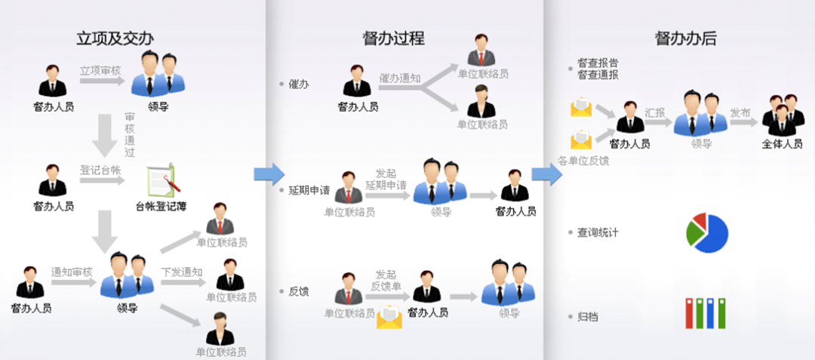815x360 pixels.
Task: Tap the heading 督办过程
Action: (x=393, y=38)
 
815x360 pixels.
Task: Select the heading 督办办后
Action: (x=686, y=38)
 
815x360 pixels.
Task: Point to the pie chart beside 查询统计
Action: (x=707, y=232)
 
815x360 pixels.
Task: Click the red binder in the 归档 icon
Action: (x=689, y=313)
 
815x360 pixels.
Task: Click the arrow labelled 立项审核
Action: (x=103, y=81)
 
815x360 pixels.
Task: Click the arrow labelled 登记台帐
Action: (x=103, y=181)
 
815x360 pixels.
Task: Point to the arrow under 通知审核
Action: (x=74, y=282)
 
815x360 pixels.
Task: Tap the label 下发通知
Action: (x=181, y=272)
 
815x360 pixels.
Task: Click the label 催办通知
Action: (x=400, y=78)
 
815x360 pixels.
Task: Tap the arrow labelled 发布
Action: (x=743, y=123)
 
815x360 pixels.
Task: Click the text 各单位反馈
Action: (x=583, y=161)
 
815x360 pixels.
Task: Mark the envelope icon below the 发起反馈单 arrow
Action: (x=389, y=318)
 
